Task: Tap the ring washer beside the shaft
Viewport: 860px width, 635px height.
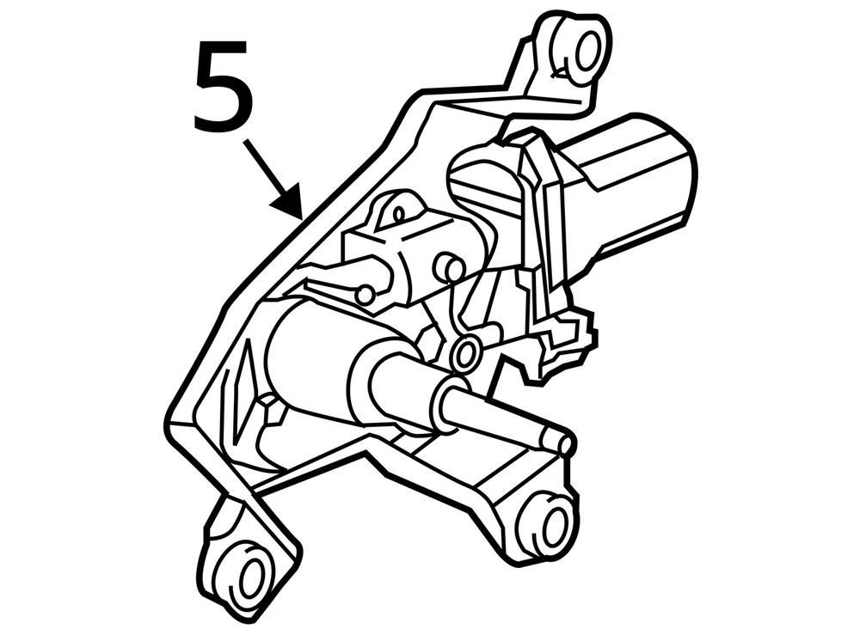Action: [x=466, y=353]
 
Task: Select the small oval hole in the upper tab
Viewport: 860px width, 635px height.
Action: [x=399, y=214]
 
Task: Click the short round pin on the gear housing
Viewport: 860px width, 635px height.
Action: [x=448, y=267]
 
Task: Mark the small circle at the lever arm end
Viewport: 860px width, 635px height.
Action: [x=364, y=294]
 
